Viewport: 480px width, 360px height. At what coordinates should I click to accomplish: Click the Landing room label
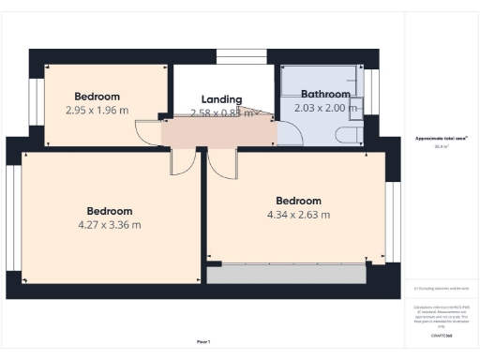222,99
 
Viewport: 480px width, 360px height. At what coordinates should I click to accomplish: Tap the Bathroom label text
325,95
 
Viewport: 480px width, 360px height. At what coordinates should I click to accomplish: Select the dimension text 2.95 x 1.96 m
97,110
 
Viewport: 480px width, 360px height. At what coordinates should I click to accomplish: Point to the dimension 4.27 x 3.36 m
110,225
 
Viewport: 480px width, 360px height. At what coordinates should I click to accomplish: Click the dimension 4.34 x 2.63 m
298,215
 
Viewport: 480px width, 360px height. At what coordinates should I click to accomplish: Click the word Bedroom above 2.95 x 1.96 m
97,97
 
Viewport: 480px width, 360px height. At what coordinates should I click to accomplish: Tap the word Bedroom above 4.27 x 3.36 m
110,212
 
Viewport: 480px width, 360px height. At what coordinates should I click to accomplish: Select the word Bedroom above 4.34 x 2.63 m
298,201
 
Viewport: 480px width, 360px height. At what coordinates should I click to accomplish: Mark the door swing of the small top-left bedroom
147,131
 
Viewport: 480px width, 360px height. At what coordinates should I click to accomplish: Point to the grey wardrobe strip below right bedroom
286,274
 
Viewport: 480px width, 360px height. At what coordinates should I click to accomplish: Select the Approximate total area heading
442,138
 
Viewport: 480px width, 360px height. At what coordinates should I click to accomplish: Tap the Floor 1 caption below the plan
202,341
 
